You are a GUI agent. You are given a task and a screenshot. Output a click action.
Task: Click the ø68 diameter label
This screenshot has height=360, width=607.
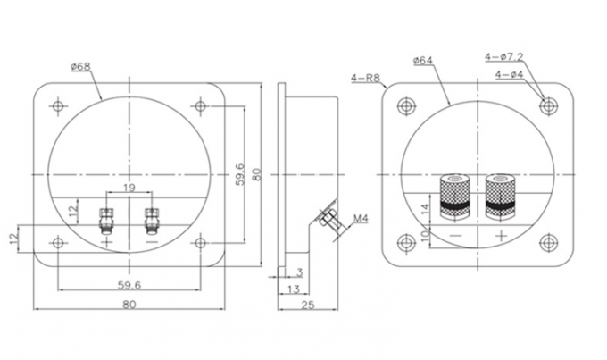click(80, 67)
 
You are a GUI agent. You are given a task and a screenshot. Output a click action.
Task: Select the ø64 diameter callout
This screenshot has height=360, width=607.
click(423, 60)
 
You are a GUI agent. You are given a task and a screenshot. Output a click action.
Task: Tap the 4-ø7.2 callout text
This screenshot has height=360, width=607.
click(504, 57)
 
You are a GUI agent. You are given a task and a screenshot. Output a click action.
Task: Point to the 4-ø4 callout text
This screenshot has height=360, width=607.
click(509, 73)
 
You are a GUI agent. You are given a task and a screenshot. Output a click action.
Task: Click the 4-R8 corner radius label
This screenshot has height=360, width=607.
click(366, 78)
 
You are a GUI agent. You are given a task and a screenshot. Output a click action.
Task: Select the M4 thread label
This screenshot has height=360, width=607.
click(361, 219)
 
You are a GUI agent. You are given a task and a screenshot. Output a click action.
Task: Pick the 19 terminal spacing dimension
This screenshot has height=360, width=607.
click(129, 188)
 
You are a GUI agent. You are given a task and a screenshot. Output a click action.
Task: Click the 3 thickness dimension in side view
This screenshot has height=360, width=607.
click(299, 272)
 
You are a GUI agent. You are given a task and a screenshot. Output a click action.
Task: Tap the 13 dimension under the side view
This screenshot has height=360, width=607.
click(294, 289)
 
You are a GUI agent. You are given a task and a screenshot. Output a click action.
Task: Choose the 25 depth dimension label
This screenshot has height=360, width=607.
click(308, 305)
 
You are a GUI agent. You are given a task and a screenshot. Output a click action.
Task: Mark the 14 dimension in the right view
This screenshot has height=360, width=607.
click(425, 210)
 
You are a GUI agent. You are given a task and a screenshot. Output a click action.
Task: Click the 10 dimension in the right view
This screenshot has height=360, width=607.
click(425, 234)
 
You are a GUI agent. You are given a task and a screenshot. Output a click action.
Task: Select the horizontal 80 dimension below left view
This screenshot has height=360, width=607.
click(129, 305)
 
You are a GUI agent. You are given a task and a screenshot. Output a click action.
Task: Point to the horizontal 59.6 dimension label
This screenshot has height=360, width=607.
click(129, 286)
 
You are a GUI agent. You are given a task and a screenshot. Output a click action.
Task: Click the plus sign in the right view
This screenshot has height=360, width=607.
click(502, 235)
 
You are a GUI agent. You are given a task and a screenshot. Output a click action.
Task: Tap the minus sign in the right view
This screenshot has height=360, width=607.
click(455, 235)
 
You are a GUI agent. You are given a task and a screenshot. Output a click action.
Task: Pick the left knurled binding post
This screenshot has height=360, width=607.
click(455, 197)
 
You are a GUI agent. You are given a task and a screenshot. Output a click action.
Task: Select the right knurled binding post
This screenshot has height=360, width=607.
click(501, 197)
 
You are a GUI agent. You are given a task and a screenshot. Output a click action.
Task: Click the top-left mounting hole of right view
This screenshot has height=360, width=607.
click(406, 105)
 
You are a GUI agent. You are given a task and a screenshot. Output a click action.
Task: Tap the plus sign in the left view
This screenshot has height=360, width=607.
click(106, 243)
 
